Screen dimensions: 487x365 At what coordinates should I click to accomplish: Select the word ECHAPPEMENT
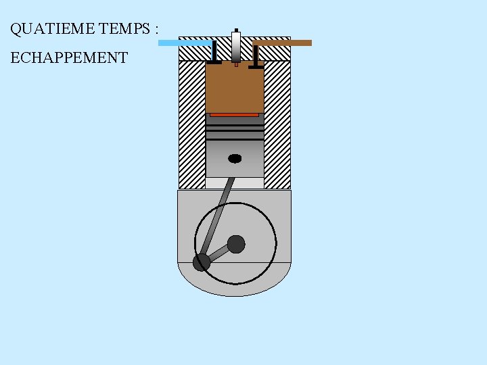tap(69, 57)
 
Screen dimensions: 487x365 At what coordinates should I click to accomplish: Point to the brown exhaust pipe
tap(284, 43)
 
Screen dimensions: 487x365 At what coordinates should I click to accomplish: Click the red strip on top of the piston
tap(234, 115)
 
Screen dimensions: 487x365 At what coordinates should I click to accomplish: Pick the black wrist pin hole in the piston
tap(235, 158)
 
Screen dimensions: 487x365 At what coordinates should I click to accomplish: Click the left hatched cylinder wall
tap(191, 125)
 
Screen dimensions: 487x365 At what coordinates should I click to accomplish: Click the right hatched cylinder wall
tap(277, 125)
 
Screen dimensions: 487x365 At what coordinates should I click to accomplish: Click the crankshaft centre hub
tap(236, 243)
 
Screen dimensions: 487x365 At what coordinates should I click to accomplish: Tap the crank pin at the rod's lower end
tap(202, 262)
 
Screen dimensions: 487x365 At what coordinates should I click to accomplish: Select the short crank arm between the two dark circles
tap(219, 253)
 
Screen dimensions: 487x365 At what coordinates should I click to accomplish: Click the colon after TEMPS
tap(156, 30)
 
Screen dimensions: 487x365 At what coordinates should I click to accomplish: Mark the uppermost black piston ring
tap(235, 125)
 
